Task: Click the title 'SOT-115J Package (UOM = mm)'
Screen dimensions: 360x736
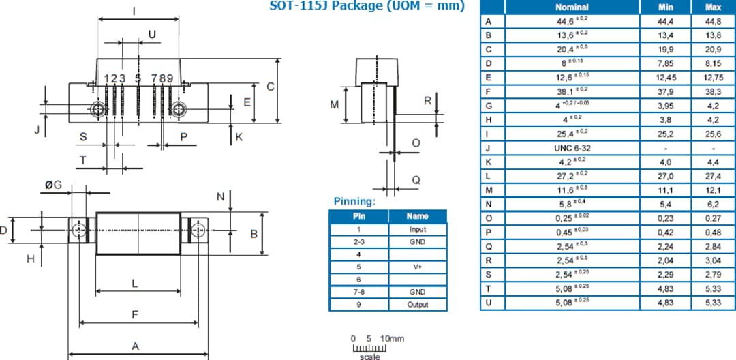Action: point(367,6)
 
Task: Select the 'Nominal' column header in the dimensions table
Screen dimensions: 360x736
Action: point(572,7)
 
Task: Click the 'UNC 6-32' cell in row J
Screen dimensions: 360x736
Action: point(572,148)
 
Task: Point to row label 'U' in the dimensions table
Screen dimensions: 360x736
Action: point(488,302)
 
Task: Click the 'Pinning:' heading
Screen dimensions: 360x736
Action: point(354,202)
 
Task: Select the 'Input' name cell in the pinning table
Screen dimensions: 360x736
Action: point(417,230)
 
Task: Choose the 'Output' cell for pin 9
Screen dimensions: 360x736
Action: point(417,304)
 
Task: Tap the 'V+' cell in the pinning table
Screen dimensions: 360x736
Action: point(417,267)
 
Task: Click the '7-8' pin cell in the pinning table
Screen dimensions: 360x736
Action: point(358,292)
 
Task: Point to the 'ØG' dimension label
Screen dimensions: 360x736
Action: point(53,185)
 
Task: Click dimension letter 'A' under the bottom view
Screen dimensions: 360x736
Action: point(135,346)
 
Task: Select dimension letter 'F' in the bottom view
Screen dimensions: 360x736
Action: point(135,314)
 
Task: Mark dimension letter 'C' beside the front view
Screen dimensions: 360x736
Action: point(271,87)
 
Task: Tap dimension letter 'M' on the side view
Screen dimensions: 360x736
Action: point(334,104)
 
